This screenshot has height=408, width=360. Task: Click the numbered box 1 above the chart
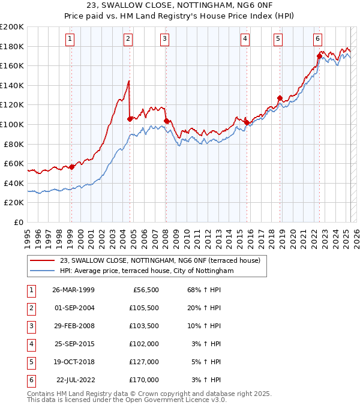pos(70,40)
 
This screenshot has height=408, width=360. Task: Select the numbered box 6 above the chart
pos(317,40)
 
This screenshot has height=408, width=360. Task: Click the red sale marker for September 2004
pos(130,119)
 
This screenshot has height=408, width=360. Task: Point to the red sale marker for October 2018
pos(280,98)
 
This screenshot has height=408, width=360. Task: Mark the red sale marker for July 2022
pos(319,56)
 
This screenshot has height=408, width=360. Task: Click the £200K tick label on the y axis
pos(12,27)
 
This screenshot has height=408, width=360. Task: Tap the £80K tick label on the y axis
pos(14,144)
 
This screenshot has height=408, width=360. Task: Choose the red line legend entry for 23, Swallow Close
pos(160,261)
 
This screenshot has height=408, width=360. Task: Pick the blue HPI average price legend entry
pos(146,271)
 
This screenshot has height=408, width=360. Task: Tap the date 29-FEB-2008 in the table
pos(74,326)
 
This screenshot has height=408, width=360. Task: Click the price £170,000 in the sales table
pos(144,380)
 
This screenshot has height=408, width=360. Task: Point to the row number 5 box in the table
pos(31,362)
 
